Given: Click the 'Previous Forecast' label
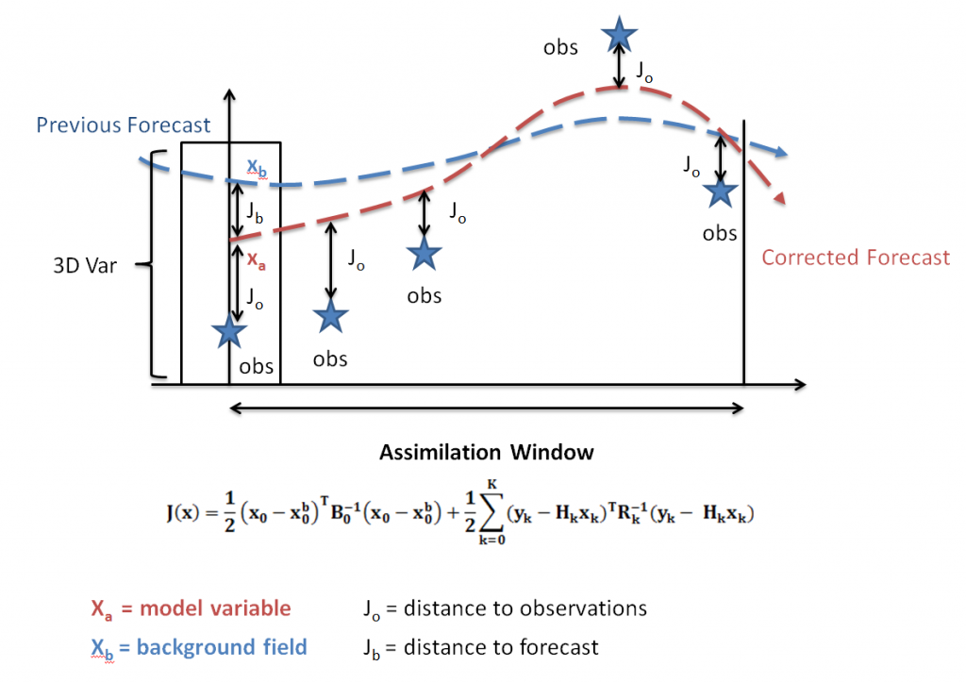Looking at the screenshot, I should [123, 125].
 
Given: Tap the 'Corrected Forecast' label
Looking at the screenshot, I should [856, 258].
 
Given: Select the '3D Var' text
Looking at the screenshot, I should [85, 265].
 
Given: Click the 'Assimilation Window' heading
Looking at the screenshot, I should [487, 452].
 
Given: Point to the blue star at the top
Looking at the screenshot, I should [619, 33].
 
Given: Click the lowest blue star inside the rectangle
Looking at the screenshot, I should [228, 330].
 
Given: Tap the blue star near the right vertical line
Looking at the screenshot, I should [721, 192].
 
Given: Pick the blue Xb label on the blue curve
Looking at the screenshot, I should [256, 168].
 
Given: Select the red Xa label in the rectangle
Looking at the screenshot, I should [256, 263].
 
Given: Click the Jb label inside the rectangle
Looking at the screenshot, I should [255, 213].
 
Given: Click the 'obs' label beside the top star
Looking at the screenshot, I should [560, 47].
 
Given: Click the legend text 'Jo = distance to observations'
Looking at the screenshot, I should [505, 608].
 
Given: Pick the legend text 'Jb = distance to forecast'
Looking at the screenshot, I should [480, 647].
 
